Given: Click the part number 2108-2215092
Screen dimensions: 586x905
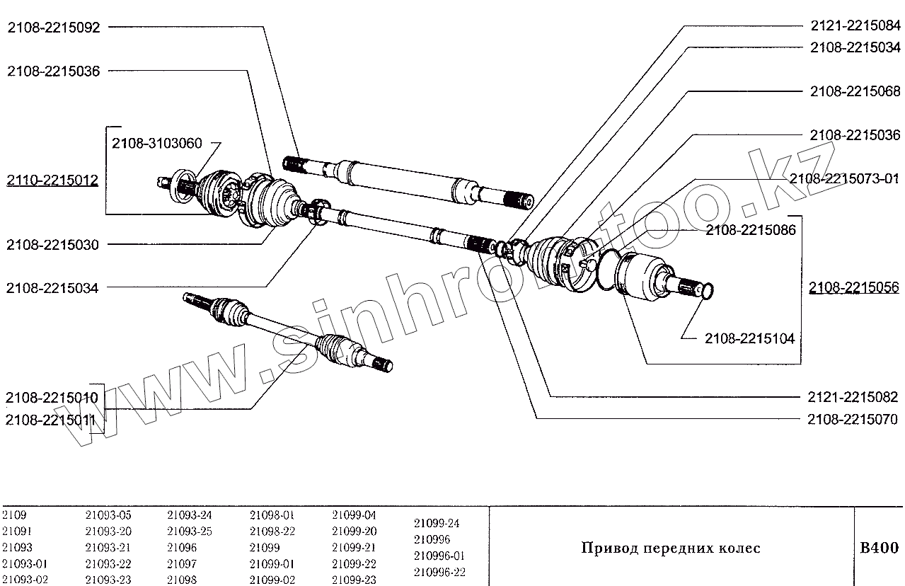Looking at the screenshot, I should (53, 28).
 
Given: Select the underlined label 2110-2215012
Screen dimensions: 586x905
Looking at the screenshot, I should (53, 180).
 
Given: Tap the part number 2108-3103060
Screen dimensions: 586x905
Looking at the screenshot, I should (157, 144).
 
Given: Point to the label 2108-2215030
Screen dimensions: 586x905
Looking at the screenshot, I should (53, 245).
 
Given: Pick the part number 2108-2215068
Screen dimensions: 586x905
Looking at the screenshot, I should (855, 92).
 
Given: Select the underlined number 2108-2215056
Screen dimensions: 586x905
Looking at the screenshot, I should (855, 287).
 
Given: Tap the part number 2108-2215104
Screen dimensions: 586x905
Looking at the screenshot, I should (749, 339).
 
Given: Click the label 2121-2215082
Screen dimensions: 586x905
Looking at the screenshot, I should (853, 397).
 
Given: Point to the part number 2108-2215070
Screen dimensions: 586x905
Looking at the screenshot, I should (853, 420).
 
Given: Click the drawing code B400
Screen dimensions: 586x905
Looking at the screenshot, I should (879, 548).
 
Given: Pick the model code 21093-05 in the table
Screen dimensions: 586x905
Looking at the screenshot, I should (108, 515).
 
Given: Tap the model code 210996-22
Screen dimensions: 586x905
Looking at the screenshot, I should (439, 572).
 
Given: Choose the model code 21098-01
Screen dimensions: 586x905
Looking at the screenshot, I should (272, 515).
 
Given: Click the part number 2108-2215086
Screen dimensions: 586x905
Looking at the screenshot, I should (751, 230).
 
